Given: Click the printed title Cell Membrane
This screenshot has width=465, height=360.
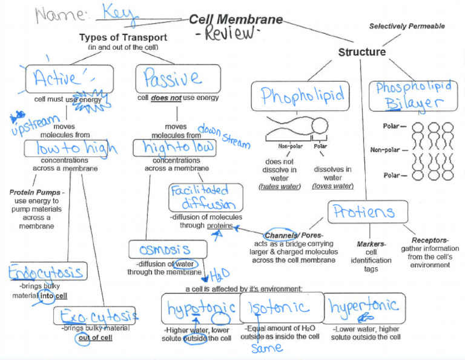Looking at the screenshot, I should point(236,19).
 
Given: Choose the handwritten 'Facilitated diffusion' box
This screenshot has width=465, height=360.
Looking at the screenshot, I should point(206,198).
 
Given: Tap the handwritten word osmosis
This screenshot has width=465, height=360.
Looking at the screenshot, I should point(165,250).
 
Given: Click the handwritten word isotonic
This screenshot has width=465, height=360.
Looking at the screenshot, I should point(280,307).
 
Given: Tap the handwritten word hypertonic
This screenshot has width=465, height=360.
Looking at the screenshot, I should point(363,305).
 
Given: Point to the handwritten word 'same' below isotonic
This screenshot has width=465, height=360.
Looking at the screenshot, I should point(267,347).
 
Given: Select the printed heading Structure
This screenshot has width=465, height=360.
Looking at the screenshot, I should point(361,52).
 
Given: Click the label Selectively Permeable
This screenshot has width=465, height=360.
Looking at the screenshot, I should point(407,26).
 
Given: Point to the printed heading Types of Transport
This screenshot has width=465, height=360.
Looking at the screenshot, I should point(123,38).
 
